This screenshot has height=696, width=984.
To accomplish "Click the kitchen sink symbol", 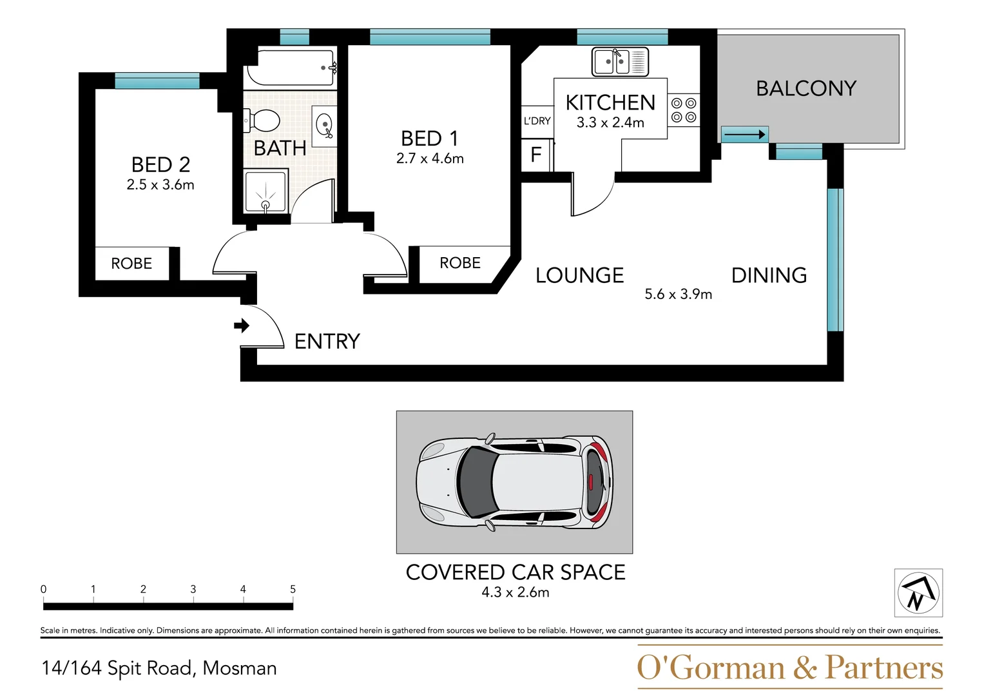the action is click(621, 61).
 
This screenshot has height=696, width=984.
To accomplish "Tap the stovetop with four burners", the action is click(684, 110).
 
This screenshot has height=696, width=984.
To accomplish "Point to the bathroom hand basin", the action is click(324, 126).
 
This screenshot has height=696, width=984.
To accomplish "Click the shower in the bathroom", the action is click(265, 192).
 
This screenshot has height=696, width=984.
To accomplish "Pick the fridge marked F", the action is click(536, 155).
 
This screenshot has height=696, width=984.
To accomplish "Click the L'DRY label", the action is click(537, 121).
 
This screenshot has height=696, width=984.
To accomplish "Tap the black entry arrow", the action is click(242, 325).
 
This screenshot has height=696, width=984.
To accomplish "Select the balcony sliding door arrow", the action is click(744, 135).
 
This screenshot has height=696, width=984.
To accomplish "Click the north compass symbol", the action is click(918, 592).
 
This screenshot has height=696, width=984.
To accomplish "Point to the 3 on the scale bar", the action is click(193, 589).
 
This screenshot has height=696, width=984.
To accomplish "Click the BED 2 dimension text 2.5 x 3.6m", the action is click(160, 184).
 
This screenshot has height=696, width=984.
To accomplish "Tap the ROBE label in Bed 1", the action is click(460, 263).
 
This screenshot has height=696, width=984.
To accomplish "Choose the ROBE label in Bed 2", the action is click(131, 263).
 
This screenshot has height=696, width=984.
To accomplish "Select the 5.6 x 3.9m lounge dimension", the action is click(679, 294).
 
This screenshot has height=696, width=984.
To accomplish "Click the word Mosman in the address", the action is click(240, 668).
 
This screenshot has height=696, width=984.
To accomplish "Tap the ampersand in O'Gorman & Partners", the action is click(805, 668).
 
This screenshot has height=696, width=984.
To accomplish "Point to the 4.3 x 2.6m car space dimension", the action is click(516, 592).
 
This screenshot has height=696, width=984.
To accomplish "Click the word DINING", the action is click(769, 276).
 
